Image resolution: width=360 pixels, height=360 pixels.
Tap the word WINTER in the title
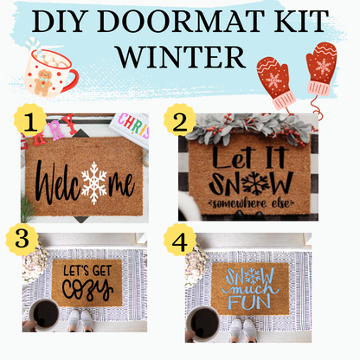179,56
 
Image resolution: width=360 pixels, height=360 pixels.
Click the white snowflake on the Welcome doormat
93,183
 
